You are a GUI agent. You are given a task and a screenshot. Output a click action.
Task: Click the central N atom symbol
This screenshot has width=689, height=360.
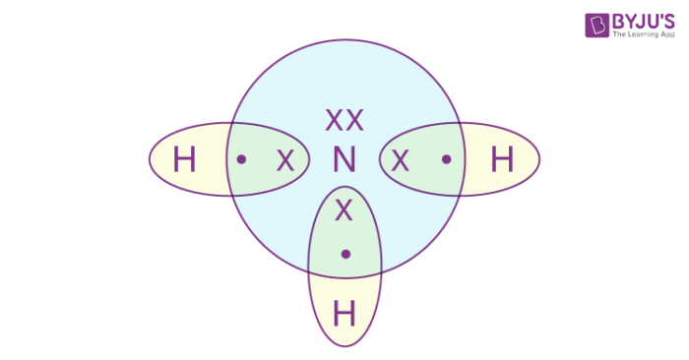pos(344,159)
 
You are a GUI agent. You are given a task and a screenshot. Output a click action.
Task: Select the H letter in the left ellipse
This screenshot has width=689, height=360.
pos(184,159)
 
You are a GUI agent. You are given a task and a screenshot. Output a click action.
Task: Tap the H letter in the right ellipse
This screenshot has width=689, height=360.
pos(502,159)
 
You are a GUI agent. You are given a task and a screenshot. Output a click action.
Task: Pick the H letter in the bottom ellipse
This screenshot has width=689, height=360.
pos(344,315)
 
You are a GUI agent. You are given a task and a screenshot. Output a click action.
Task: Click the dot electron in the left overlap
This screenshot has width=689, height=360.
pos(242,158)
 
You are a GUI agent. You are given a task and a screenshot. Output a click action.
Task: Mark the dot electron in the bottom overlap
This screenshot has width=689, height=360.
pos(344,255)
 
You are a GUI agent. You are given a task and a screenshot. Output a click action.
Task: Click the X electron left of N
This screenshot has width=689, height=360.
pos(285,159)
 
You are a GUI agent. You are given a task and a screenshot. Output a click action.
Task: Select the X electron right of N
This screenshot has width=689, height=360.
pos(400,159)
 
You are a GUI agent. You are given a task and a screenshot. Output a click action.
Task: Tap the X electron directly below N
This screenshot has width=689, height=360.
pos(344,209)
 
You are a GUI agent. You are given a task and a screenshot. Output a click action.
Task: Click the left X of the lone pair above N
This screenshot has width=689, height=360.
pos(334,120)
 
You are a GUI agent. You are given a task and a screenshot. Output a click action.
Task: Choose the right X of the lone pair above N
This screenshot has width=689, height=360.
pos(354,120)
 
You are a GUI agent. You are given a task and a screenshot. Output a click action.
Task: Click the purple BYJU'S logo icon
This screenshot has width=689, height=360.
pos(596,25)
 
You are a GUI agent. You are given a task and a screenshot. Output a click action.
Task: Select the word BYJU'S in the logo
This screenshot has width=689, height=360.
pos(641,20)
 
